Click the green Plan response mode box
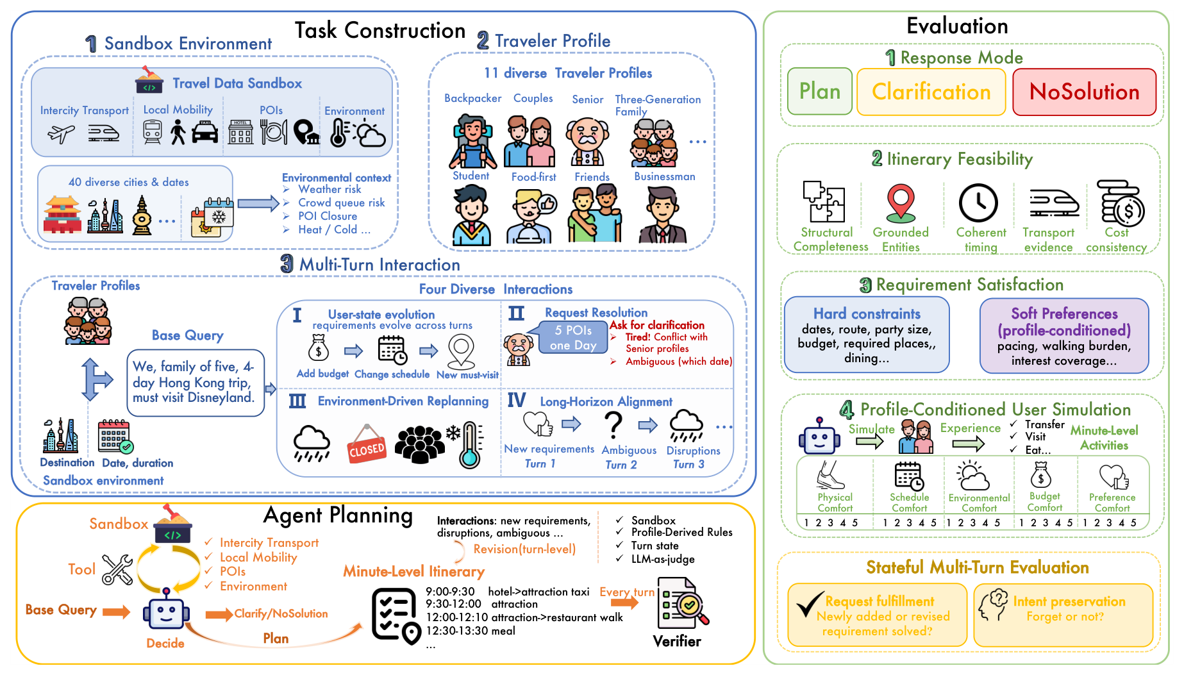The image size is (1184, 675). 819,92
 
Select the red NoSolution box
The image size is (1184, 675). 1084,92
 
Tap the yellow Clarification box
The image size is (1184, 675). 931,92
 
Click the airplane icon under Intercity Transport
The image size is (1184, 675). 62,133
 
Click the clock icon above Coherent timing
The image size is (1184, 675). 978,203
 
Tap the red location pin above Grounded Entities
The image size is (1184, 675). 900,203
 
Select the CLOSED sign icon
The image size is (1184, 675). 367,444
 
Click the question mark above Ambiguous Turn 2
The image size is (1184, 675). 613,425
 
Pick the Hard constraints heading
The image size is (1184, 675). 867,313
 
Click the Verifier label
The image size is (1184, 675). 677,641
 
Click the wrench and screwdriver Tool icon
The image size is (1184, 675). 118,569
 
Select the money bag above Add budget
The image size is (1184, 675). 319,349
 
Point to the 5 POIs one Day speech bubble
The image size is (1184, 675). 573,337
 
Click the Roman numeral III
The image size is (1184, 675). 297,401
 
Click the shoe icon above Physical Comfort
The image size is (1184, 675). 831,475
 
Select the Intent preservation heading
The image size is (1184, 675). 1069,601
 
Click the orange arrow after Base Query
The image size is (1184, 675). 116,612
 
